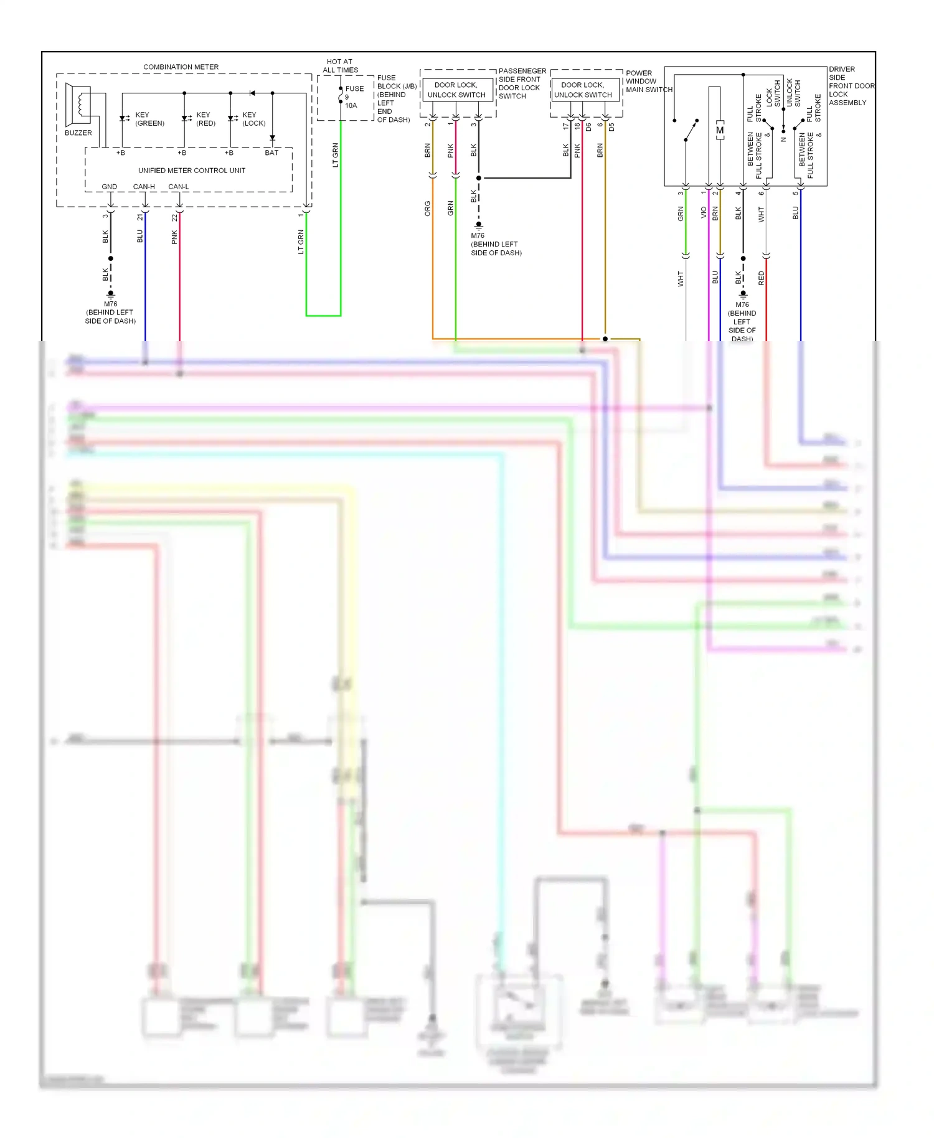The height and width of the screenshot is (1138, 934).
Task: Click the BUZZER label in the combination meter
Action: (78, 133)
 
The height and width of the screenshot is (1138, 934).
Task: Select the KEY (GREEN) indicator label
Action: (149, 119)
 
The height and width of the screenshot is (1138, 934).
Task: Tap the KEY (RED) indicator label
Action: (205, 119)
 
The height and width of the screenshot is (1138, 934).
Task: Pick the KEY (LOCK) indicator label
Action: (253, 119)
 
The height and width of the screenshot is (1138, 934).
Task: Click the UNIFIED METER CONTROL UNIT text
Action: (191, 170)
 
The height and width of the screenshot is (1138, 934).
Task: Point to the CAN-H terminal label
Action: (144, 187)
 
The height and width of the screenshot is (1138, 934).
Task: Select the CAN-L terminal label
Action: (179, 187)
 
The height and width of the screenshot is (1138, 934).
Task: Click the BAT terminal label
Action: (271, 153)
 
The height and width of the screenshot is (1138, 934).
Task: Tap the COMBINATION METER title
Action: (181, 67)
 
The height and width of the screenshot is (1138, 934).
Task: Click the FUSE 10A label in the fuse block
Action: (353, 96)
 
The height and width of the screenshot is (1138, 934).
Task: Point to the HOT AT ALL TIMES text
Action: (340, 65)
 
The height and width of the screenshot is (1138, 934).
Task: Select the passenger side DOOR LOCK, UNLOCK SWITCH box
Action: (456, 90)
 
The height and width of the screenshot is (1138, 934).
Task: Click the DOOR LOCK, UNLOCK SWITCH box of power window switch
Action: (583, 90)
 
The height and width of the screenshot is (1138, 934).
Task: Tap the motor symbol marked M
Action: (720, 130)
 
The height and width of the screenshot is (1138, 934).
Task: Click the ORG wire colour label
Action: (428, 208)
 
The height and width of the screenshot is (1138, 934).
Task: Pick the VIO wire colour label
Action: (704, 213)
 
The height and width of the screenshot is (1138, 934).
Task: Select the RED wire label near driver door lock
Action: (761, 278)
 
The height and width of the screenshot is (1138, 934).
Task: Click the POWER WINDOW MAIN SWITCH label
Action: (648, 81)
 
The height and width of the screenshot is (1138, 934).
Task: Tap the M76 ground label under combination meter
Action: (110, 304)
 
